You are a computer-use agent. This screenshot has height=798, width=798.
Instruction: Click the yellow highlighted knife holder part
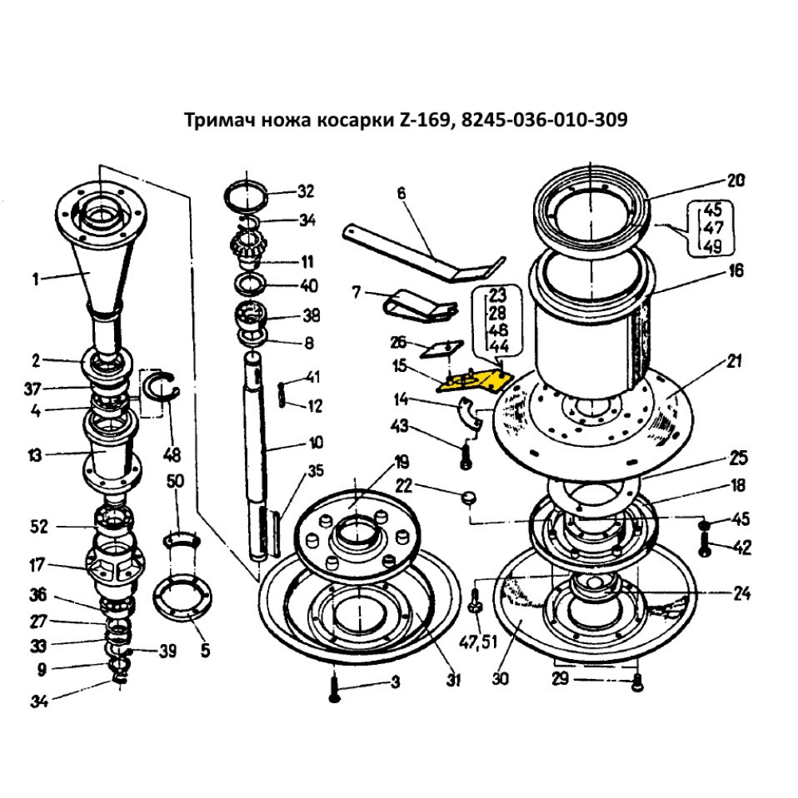click(x=473, y=380)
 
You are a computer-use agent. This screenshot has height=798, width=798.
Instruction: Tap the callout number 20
click(x=735, y=180)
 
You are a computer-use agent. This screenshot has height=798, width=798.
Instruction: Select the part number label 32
click(x=306, y=192)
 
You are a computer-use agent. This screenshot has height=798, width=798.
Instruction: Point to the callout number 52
click(x=39, y=527)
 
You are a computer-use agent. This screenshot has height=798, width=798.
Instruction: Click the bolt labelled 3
click(x=334, y=686)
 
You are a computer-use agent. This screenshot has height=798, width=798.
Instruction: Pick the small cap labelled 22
click(x=468, y=498)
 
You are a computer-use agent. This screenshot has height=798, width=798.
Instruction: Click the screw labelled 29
click(x=636, y=682)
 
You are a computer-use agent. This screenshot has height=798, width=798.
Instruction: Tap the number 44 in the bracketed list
click(x=499, y=346)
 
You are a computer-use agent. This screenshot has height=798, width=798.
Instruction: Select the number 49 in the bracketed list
click(x=713, y=245)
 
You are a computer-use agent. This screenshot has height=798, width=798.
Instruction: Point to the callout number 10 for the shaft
click(x=316, y=442)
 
